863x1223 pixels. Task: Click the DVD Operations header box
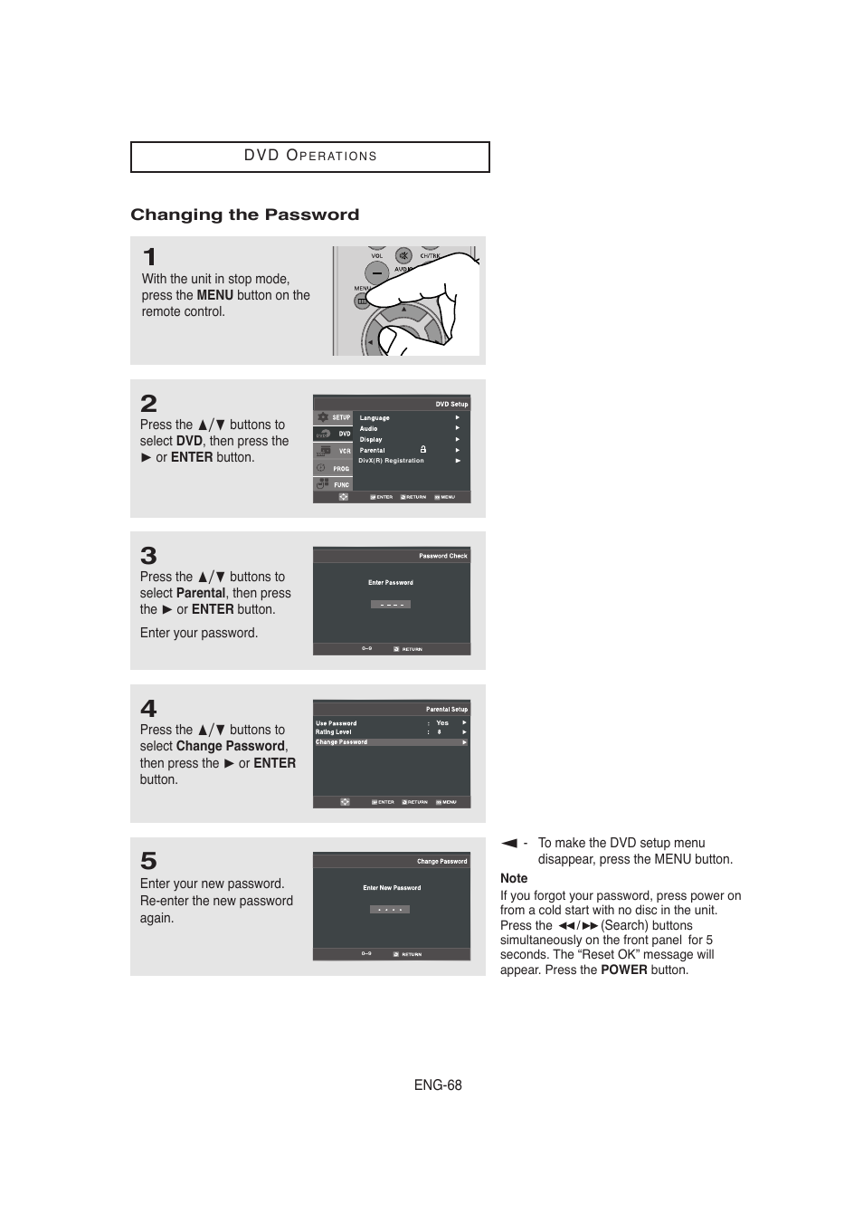pos(309,157)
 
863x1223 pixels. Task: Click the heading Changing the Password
pos(244,215)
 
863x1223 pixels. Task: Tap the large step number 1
pos(149,257)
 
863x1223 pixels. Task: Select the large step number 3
pos(148,555)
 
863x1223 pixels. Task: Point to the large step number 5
pos(148,860)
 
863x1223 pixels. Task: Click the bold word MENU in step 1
pos(214,295)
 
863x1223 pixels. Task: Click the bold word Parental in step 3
pos(201,593)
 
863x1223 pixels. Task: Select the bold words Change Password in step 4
pos(230,746)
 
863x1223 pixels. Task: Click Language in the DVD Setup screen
pos(375,418)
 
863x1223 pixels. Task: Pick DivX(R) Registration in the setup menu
pos(391,461)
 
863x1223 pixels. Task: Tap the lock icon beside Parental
pos(422,449)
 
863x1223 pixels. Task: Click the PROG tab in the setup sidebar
pos(340,469)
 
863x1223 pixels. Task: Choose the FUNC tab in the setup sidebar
pos(340,485)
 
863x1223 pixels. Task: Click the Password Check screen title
pos(442,556)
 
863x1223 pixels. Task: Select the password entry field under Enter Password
pos(391,604)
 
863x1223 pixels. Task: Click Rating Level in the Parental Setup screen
pos(334,732)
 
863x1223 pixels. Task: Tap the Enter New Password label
pos(392,888)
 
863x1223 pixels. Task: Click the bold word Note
pos(514,878)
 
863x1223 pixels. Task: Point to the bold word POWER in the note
pos(623,970)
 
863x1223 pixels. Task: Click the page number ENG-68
pos(438,1085)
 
